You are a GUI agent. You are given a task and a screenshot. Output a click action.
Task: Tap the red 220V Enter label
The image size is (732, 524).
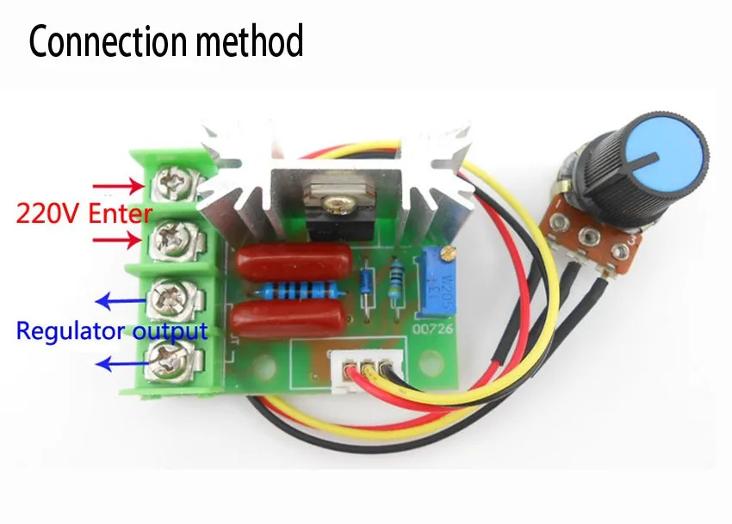coord(84,212)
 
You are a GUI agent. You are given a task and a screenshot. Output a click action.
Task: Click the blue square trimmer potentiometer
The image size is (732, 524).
coord(445,288)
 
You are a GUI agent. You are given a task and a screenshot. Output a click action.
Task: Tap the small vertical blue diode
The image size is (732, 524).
coord(368,280)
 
